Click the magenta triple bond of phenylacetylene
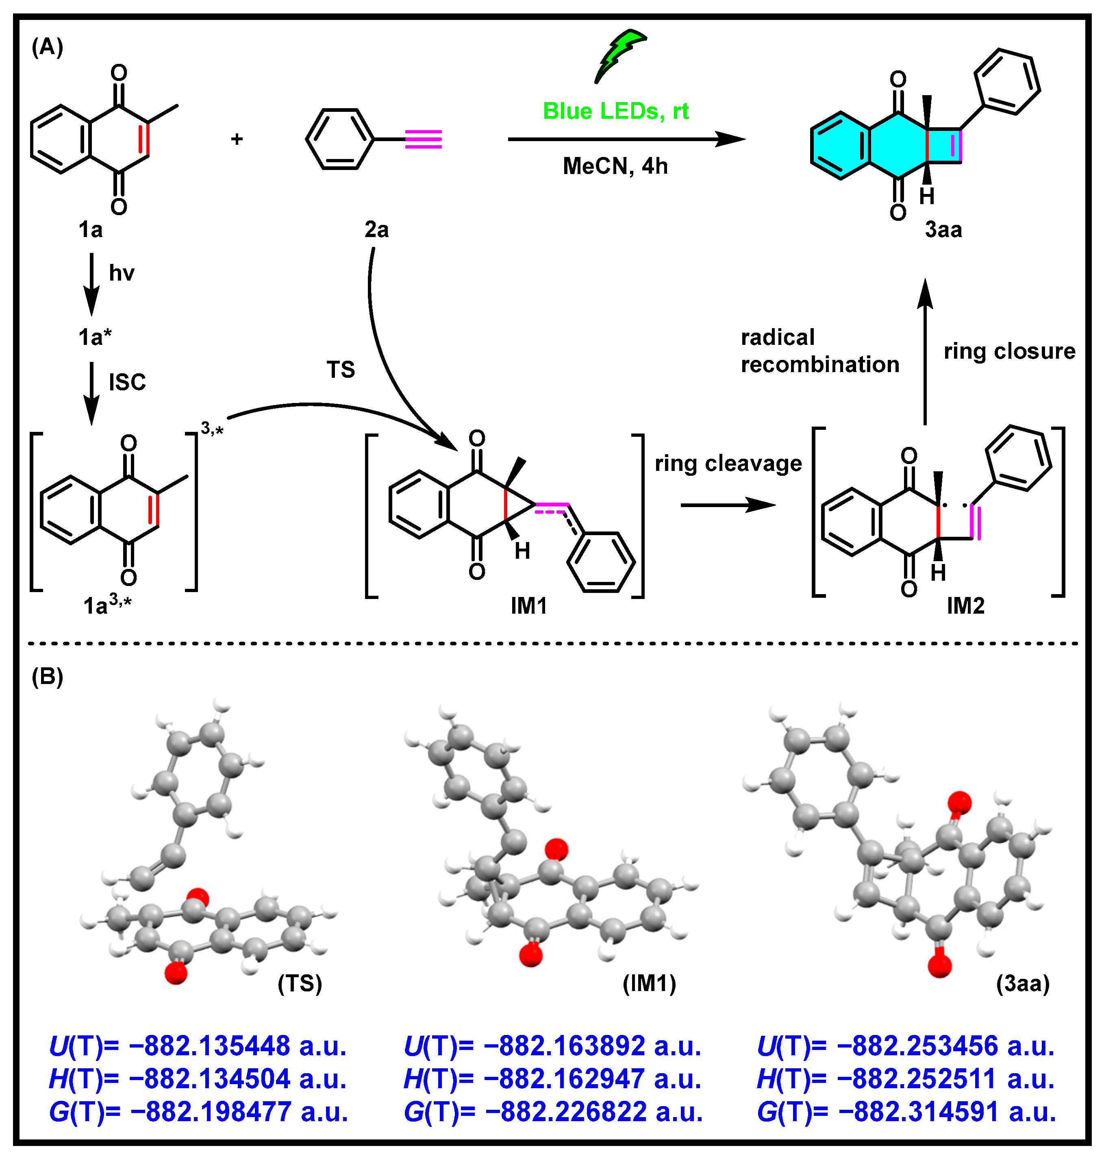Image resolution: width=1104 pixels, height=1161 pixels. (x=423, y=139)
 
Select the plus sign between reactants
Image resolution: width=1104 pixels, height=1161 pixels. (x=237, y=139)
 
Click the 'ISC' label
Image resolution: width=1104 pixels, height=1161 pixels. (x=127, y=383)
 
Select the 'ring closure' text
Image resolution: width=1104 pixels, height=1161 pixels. (x=1009, y=351)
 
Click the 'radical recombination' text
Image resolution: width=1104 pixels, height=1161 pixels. (x=819, y=351)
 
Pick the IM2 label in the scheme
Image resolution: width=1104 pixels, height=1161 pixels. (x=965, y=606)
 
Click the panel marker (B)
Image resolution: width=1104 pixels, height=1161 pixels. (x=47, y=677)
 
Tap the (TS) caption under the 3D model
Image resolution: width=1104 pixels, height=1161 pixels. (x=300, y=983)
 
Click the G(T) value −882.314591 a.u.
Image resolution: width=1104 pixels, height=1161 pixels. (x=906, y=1112)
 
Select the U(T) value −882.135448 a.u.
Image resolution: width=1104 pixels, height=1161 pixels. (x=198, y=1046)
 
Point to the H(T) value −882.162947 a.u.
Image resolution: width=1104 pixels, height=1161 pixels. (x=552, y=1079)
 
